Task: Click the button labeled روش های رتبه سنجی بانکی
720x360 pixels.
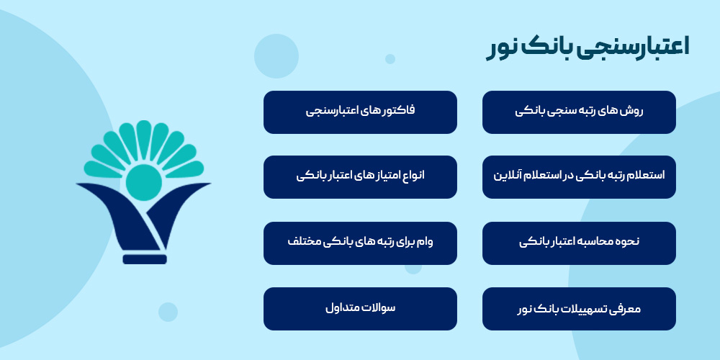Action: [x=579, y=112]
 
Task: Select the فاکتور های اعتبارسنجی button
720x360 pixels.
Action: [x=360, y=112]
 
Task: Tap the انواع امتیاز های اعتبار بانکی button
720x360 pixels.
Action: [x=360, y=177]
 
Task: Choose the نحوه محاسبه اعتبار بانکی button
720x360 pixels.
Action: [x=579, y=243]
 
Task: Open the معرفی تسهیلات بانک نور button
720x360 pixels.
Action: [x=579, y=309]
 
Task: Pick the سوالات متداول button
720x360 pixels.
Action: [x=360, y=309]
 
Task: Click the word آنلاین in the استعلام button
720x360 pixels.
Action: [x=508, y=175]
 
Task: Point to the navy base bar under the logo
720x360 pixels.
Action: [x=144, y=259]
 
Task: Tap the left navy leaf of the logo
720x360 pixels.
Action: [x=108, y=212]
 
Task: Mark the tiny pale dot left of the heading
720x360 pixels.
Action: [x=390, y=59]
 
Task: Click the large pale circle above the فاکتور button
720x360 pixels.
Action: [x=276, y=55]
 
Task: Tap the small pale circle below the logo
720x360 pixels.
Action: [x=168, y=312]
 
